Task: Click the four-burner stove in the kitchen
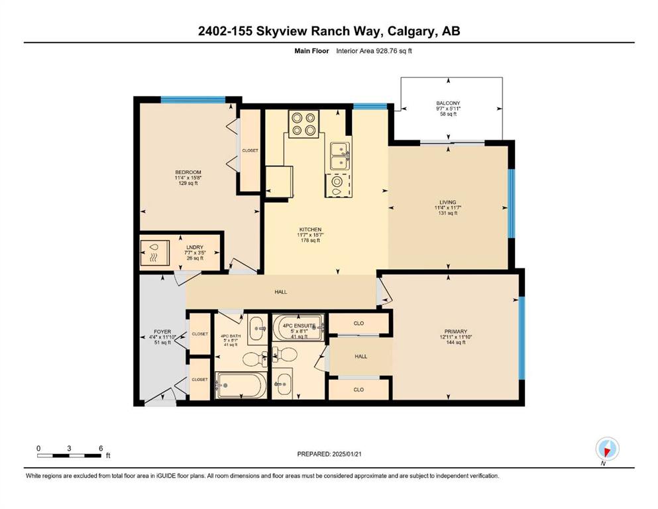click(303, 124)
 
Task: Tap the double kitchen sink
click(339, 156)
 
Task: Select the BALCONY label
click(448, 103)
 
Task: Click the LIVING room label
click(448, 202)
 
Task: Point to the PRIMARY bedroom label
click(456, 331)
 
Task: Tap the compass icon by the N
click(607, 449)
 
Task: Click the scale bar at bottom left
click(69, 455)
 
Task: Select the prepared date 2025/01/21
click(347, 454)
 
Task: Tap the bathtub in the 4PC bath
click(241, 385)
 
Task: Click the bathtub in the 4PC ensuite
click(298, 327)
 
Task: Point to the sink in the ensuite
click(283, 384)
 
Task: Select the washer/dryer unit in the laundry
click(154, 253)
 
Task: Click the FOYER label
click(162, 331)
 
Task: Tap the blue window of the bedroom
click(193, 99)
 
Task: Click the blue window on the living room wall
click(511, 203)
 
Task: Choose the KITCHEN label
click(311, 229)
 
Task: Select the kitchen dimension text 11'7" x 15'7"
click(311, 235)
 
